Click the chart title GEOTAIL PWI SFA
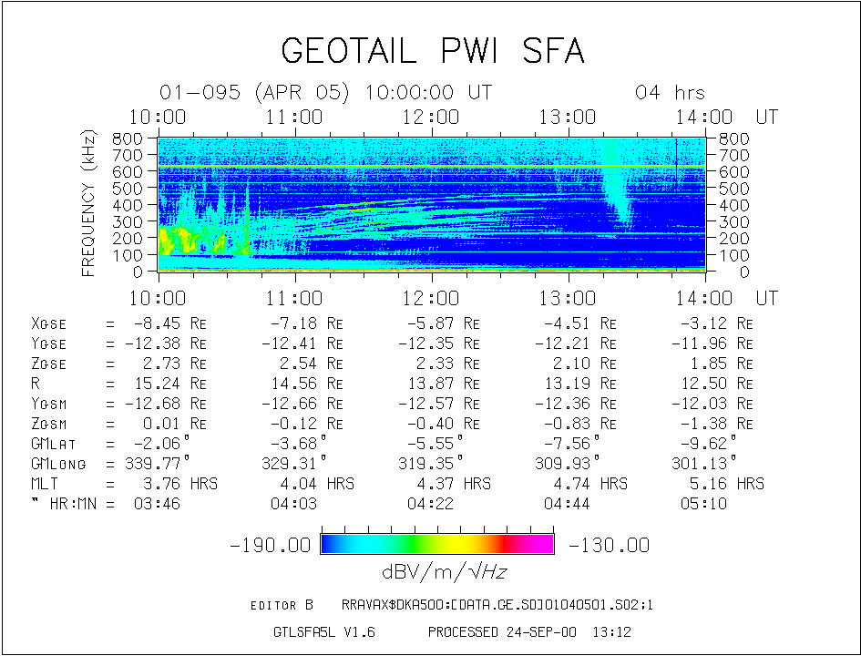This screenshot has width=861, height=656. point(433,50)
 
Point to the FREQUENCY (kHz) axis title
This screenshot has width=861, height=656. point(88,203)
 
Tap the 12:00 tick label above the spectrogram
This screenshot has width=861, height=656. point(431,117)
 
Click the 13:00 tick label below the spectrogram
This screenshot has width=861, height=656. point(568,298)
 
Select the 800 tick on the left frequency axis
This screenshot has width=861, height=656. point(127,138)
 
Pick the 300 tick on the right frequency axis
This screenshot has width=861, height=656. point(734,221)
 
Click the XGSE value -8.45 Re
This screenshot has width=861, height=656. point(169,323)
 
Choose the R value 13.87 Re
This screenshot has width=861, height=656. point(444,384)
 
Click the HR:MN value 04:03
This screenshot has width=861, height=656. point(293,504)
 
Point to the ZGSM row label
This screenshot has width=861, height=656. point(49,424)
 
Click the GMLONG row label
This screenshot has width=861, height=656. point(58,464)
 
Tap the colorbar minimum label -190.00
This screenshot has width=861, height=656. point(271,545)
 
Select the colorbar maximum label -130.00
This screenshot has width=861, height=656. point(609,545)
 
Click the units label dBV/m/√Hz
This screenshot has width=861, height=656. point(445,572)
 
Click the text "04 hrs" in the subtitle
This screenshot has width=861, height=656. point(670,92)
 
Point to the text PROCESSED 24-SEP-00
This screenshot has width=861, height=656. point(502,631)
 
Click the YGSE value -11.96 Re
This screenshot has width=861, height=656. point(712,343)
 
